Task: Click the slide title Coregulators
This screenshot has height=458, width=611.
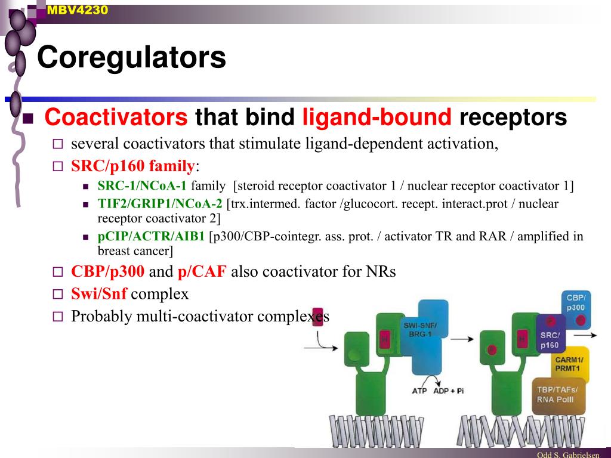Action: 131,58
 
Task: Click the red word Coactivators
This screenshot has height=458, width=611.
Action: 116,117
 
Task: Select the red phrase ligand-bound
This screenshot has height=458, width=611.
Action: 377,117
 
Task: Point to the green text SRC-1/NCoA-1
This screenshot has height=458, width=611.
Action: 142,186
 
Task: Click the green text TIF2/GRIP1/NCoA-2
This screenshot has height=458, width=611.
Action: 160,204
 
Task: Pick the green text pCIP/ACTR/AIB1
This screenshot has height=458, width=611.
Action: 151,236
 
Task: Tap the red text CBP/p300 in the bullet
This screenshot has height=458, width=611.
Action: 107,272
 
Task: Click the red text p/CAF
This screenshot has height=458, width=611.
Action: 202,272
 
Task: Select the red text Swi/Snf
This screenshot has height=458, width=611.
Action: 99,294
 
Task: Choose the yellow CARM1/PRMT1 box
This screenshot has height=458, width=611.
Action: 569,364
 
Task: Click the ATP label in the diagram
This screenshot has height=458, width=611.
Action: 419,391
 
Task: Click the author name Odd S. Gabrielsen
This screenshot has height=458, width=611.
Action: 567,454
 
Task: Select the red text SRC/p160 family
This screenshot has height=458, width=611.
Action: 133,166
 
